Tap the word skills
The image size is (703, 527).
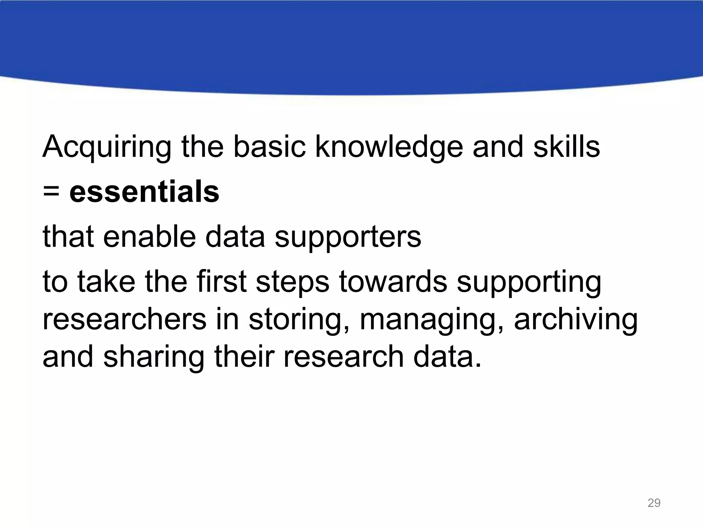point(566,147)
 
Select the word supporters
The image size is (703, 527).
point(348,237)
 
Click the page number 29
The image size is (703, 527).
point(654,503)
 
